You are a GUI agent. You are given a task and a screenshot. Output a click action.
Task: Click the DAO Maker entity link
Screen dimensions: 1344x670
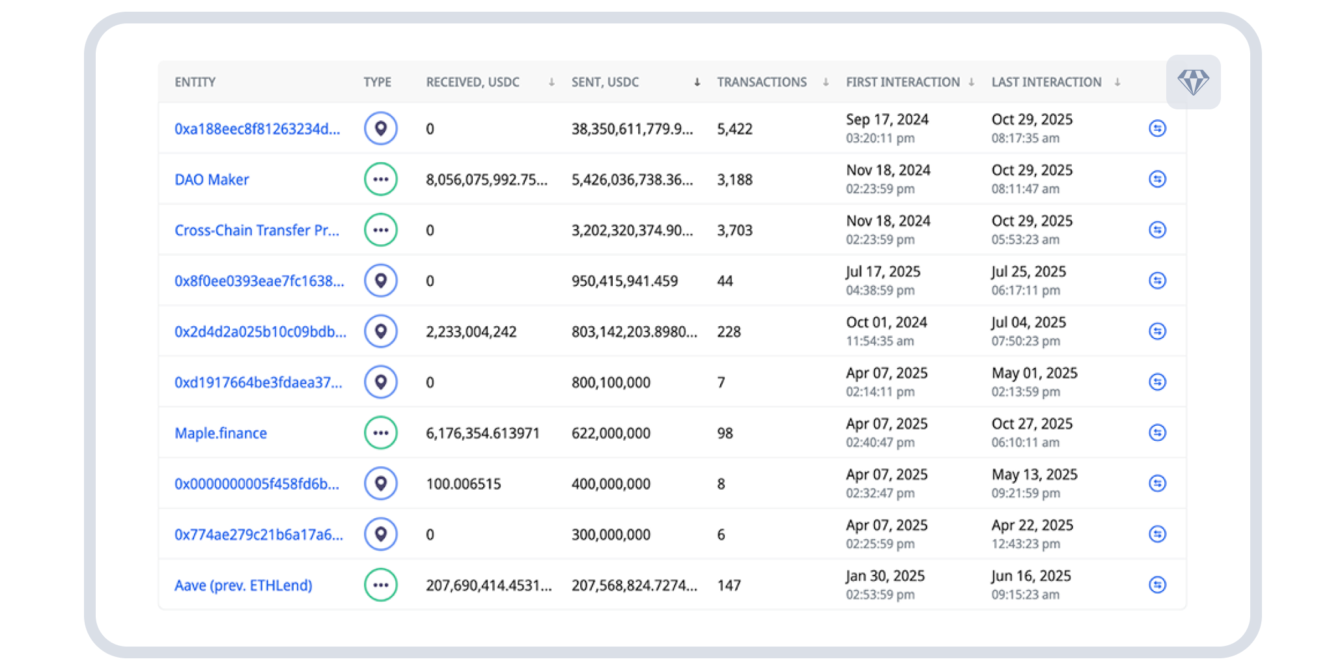(x=212, y=180)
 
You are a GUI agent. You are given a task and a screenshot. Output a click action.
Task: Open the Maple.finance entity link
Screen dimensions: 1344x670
(x=221, y=434)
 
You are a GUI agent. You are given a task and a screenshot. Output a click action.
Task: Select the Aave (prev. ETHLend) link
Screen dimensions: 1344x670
(x=244, y=586)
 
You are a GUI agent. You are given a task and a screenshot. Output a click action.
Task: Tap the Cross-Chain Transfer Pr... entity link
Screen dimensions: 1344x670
(x=257, y=230)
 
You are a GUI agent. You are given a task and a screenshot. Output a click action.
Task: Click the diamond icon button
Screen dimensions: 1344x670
(x=1193, y=83)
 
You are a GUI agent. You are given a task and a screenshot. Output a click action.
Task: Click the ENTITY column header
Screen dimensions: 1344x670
(x=195, y=82)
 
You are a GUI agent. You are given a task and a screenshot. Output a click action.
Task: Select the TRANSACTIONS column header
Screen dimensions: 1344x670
(x=762, y=82)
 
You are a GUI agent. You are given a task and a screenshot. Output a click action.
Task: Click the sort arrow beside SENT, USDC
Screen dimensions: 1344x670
(x=697, y=82)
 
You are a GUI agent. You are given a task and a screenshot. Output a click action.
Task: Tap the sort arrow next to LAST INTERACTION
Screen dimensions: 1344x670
(x=1117, y=82)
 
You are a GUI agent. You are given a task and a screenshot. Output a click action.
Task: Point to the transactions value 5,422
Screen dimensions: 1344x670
(x=735, y=129)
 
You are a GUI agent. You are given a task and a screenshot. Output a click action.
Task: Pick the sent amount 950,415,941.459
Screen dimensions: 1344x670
(x=624, y=281)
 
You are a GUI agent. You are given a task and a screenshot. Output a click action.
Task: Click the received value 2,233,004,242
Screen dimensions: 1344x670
(x=471, y=332)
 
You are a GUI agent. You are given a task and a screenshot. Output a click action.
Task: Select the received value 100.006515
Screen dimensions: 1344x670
(x=464, y=484)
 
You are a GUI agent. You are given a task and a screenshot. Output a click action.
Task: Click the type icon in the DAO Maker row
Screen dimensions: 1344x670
(x=381, y=179)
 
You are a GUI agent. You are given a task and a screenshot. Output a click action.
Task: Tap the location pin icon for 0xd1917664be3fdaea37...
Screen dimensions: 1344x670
(x=381, y=382)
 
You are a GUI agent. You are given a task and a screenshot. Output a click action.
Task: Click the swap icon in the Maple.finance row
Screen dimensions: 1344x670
(x=1157, y=433)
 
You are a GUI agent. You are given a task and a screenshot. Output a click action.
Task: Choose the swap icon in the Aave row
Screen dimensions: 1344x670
(x=1157, y=585)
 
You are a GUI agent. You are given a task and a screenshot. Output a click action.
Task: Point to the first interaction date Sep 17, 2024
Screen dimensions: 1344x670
(x=887, y=120)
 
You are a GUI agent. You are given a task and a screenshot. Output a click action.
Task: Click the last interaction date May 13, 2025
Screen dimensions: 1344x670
(x=1035, y=475)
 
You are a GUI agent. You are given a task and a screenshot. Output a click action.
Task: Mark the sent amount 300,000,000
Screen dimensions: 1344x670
(x=611, y=535)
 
